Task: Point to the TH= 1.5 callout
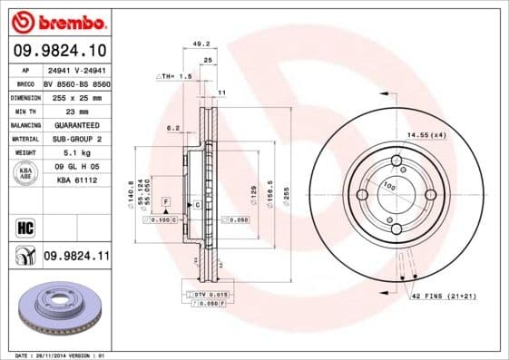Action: pos(175,77)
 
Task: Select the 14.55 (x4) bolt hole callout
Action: pos(426,134)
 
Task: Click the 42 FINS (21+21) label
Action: pos(444,297)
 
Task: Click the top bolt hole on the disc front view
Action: pos(396,162)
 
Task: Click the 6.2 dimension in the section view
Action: pos(173,128)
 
